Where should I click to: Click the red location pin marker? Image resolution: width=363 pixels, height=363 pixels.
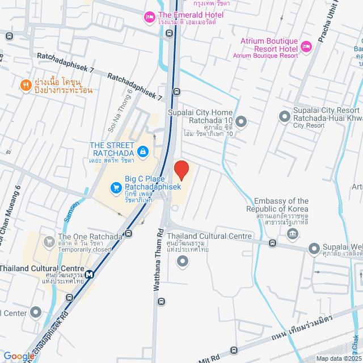point(181,170)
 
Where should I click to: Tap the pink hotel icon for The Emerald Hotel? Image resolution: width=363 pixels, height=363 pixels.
point(150,16)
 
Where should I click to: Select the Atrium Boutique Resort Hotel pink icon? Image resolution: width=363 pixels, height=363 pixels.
point(306,46)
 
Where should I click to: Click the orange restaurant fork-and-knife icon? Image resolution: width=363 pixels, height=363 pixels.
point(26,85)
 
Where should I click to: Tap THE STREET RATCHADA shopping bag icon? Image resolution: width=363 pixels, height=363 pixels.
point(143,151)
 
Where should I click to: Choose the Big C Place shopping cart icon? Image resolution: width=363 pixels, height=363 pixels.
point(116,187)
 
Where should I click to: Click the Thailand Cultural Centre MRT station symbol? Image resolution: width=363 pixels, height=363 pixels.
point(89,273)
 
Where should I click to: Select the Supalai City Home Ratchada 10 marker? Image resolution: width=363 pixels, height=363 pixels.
point(242,121)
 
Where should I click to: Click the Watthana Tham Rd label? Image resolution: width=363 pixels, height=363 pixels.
point(159,260)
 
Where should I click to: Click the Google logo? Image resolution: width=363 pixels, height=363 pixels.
point(18,356)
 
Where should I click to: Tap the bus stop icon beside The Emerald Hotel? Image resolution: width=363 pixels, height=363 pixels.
point(169,33)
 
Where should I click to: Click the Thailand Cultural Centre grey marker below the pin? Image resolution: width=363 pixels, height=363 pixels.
point(182,261)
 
